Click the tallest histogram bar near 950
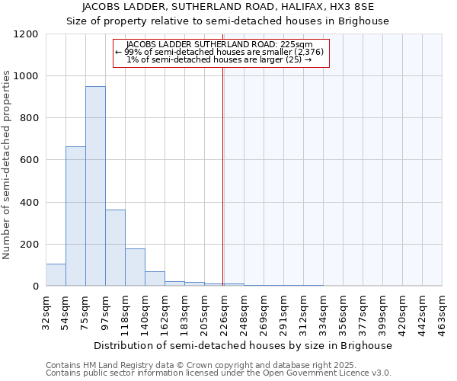click(x=95, y=186)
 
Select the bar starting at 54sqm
click(x=75, y=216)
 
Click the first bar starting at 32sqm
click(x=56, y=274)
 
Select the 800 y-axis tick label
click(x=28, y=118)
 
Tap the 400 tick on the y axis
click(x=28, y=203)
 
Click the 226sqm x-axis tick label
click(x=224, y=311)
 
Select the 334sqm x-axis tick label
click(x=323, y=311)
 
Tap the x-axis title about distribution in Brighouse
click(x=244, y=345)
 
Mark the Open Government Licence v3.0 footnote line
click(x=219, y=373)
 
